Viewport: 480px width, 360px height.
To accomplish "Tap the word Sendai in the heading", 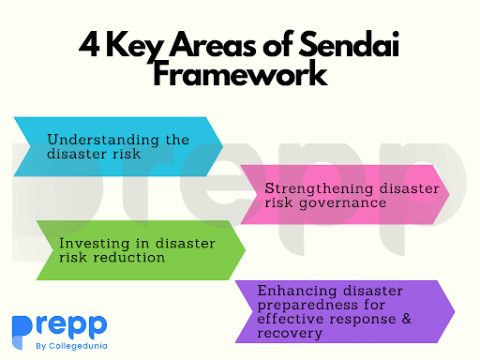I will (340, 42).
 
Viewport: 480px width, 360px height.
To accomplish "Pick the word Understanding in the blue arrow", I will (96, 139).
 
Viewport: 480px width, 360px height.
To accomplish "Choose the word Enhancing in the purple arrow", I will (288, 289).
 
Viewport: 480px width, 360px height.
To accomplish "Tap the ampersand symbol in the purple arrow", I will (433, 319).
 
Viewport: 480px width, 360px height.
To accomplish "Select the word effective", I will (292, 319).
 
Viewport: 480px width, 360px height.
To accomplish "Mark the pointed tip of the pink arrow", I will (449, 193).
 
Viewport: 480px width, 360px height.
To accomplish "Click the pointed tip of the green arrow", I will (245, 249).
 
